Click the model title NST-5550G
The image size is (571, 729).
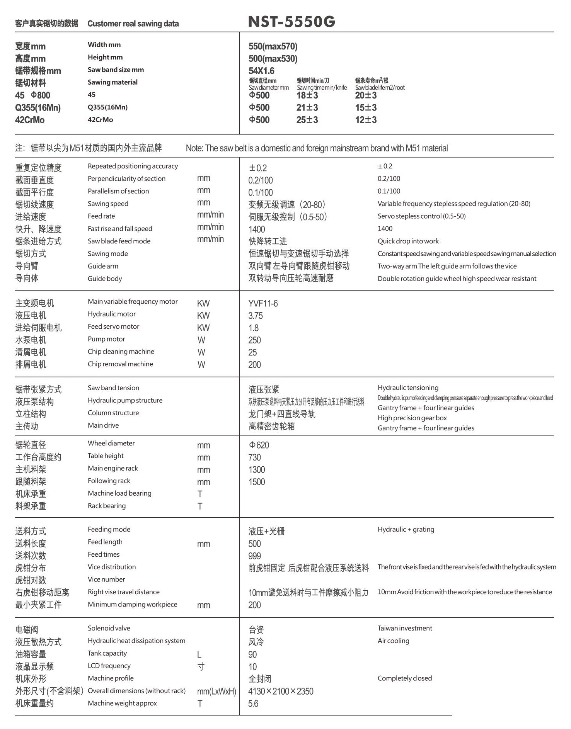(291, 22)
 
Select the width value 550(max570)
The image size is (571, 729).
(273, 46)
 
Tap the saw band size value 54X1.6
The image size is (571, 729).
(261, 71)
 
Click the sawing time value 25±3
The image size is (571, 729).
(307, 120)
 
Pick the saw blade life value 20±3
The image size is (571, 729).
(366, 95)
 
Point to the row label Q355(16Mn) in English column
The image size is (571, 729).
(107, 107)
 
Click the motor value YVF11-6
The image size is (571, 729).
(263, 303)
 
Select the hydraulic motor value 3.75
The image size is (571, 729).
(256, 316)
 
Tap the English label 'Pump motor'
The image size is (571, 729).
(106, 339)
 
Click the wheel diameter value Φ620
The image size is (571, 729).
(259, 445)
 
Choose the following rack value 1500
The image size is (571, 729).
(257, 482)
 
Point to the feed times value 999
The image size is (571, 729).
(254, 556)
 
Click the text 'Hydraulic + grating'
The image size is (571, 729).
(406, 529)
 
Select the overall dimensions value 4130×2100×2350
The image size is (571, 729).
(281, 691)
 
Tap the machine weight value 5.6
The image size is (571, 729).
(253, 704)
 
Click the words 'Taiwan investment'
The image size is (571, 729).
(405, 628)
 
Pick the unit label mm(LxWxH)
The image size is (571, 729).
(216, 691)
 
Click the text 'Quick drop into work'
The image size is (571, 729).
(408, 241)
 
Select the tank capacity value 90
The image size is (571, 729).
(252, 654)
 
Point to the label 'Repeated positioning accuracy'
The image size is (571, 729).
(133, 166)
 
